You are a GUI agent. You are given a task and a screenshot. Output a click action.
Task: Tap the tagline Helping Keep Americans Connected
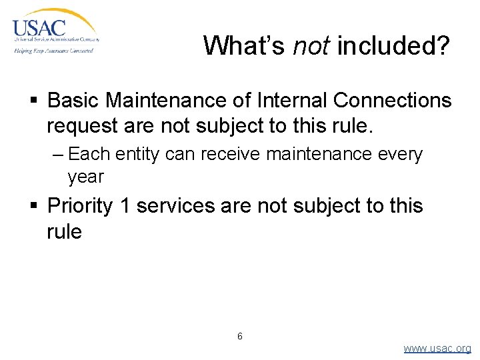click(x=53, y=50)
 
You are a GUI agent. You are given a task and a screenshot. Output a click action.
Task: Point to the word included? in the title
click(x=393, y=46)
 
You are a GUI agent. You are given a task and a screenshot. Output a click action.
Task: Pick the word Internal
click(x=289, y=101)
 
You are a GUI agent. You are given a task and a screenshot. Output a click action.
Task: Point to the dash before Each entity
click(x=57, y=155)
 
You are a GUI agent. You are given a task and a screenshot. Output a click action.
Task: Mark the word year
click(x=85, y=177)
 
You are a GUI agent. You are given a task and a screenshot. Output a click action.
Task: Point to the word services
click(x=175, y=206)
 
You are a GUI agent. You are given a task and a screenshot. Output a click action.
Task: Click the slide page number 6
click(x=240, y=336)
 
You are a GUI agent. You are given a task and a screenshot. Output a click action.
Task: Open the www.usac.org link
click(x=437, y=349)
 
